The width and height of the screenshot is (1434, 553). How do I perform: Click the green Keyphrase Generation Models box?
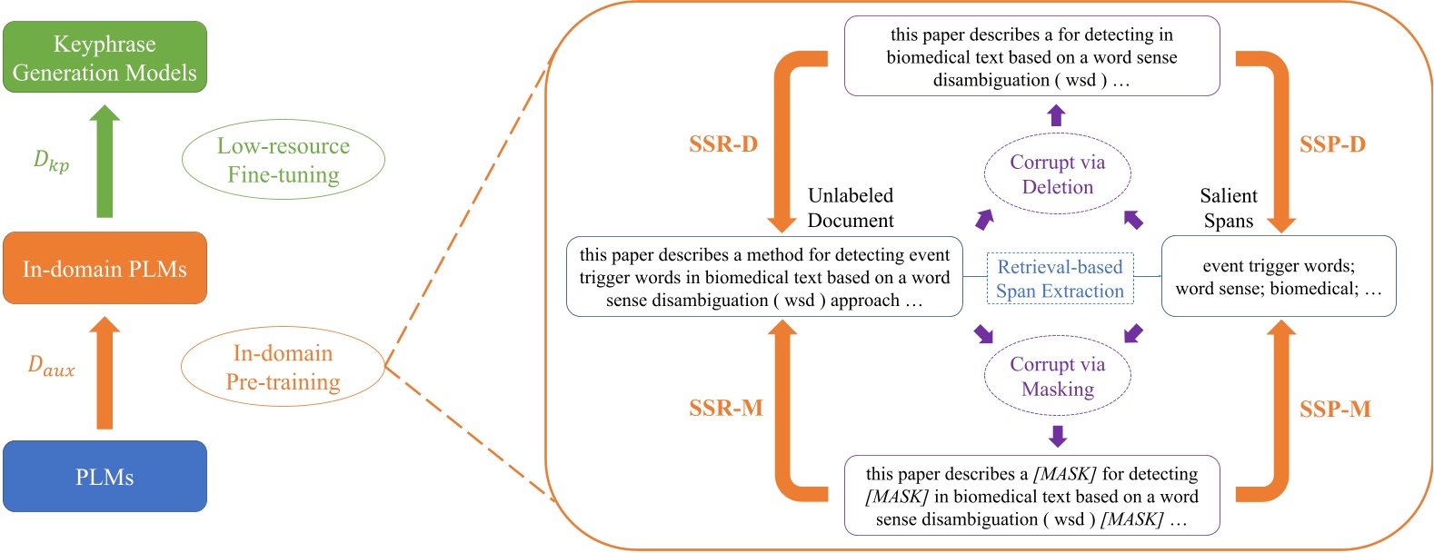[x=105, y=57]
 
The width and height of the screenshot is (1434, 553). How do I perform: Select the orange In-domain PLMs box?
[x=105, y=268]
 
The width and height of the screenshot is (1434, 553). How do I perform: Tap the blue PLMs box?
[x=105, y=477]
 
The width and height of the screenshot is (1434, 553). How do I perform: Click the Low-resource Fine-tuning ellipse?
[x=284, y=160]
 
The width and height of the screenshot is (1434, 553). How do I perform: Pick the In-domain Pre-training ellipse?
[x=283, y=367]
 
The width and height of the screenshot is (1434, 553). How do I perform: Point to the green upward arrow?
[x=105, y=161]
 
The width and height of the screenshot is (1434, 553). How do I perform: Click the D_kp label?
[x=51, y=161]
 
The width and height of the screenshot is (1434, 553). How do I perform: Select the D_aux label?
[x=51, y=366]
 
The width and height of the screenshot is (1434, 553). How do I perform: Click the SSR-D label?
[x=723, y=144]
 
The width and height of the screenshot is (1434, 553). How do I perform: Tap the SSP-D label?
[x=1332, y=144]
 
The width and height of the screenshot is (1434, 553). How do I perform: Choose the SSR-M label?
[x=725, y=409]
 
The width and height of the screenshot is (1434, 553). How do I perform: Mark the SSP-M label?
[x=1335, y=410]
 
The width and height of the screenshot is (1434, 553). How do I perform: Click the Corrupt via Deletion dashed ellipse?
[x=1058, y=174]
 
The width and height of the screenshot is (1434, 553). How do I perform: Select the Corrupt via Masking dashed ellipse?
[x=1058, y=376]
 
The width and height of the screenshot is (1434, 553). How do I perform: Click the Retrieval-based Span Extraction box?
[x=1060, y=279]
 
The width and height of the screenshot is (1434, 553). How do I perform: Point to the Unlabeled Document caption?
[x=851, y=208]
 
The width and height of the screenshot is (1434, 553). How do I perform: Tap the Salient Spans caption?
[x=1229, y=208]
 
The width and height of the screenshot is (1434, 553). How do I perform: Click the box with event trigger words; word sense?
[x=1279, y=276]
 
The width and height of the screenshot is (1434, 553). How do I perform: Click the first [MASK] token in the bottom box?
[x=1064, y=474]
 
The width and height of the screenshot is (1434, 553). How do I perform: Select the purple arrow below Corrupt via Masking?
[x=1057, y=436]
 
